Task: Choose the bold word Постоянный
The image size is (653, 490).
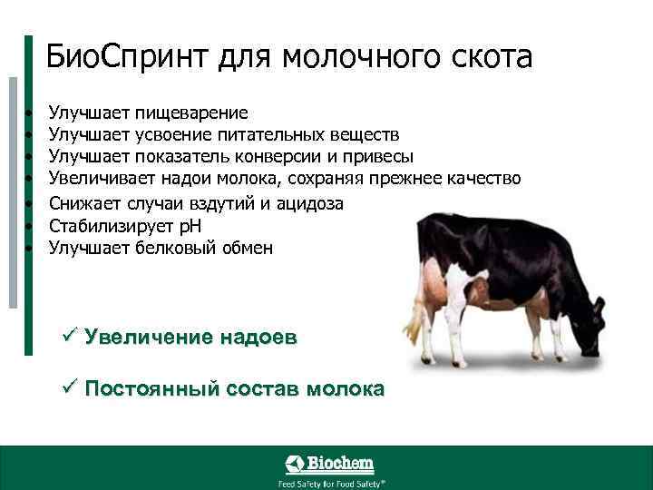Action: (x=151, y=389)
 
